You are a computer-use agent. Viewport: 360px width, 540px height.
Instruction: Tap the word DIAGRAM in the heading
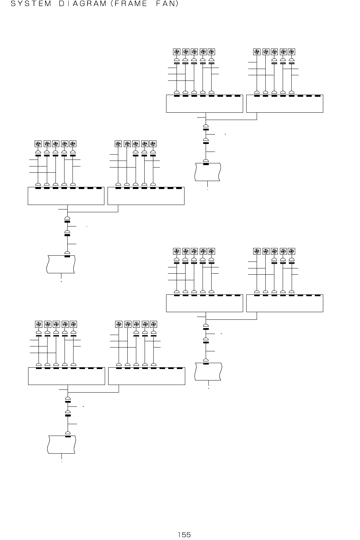79,5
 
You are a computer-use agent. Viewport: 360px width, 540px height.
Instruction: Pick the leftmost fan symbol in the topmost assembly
177,52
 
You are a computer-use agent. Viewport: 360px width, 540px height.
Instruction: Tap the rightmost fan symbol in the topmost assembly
292,52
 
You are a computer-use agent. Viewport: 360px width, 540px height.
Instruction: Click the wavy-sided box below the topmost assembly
208,171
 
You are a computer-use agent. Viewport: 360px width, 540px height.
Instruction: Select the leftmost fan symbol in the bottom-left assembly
38,324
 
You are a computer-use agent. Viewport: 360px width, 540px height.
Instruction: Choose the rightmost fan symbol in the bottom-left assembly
154,324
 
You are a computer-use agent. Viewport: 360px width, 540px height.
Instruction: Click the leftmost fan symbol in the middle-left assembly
38,144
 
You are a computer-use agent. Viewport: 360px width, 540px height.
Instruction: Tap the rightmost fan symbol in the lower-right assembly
292,251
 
